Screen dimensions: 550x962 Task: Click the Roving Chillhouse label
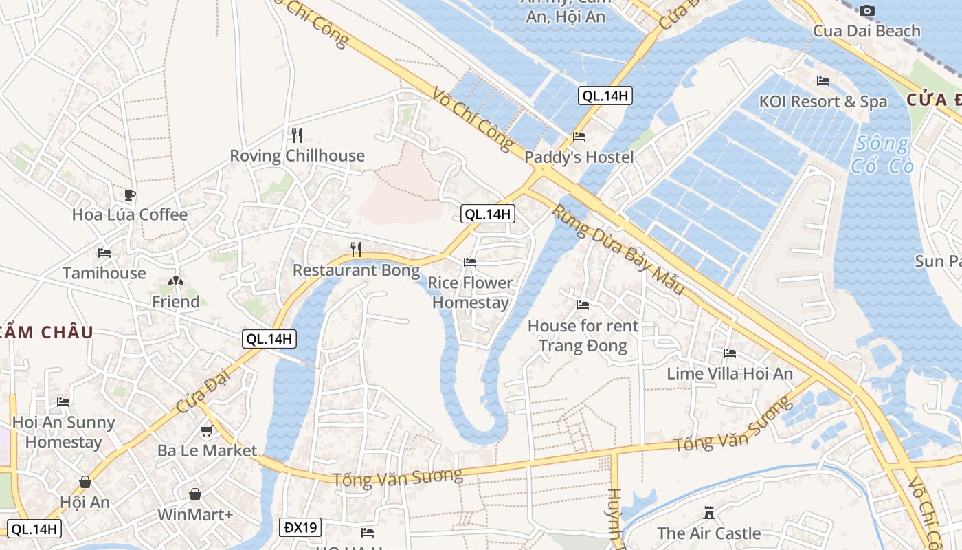tap(297, 156)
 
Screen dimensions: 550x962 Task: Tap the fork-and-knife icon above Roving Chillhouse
tap(297, 134)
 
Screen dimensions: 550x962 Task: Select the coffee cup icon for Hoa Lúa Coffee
tap(129, 195)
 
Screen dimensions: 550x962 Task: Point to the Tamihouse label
tap(104, 273)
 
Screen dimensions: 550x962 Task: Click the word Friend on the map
tap(176, 302)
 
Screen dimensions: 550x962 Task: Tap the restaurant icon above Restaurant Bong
tap(356, 249)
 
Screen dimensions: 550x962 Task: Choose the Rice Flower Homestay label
tap(471, 293)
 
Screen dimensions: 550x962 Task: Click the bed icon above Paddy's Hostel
tap(579, 137)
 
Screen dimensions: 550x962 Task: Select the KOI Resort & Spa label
tap(823, 102)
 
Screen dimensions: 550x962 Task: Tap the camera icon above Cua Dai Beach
tap(867, 10)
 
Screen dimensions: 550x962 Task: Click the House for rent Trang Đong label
tap(583, 335)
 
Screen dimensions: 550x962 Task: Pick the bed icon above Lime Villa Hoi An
tap(730, 353)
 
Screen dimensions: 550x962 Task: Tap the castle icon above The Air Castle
tap(709, 513)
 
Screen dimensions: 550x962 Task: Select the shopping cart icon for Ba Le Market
tap(206, 431)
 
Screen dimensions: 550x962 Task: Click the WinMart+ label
tap(195, 515)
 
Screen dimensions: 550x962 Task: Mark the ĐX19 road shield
tap(300, 528)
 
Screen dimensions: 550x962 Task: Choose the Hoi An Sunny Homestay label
tap(63, 432)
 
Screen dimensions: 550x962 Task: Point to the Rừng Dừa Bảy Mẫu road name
tap(618, 250)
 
